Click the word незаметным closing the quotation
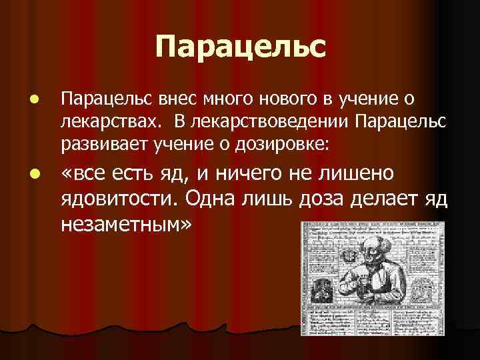coord(125,224)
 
